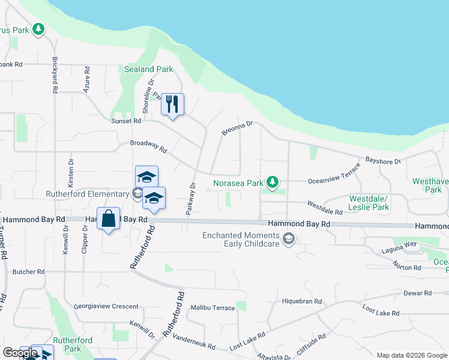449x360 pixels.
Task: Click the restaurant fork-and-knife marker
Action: (x=173, y=104)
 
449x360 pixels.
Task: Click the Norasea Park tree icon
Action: (x=273, y=181)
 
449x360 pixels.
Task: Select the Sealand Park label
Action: (x=148, y=69)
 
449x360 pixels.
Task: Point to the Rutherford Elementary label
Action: (x=88, y=194)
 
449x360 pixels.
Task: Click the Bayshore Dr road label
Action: (x=382, y=161)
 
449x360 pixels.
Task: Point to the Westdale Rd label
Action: (x=325, y=208)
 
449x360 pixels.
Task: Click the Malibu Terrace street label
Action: (x=212, y=308)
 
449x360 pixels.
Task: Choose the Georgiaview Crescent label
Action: (x=106, y=306)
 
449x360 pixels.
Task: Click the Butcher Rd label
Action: (x=28, y=272)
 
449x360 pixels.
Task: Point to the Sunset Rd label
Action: (x=125, y=121)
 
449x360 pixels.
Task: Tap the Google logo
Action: (x=20, y=353)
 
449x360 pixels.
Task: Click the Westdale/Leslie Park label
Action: (x=369, y=203)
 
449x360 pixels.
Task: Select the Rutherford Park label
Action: (x=72, y=344)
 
